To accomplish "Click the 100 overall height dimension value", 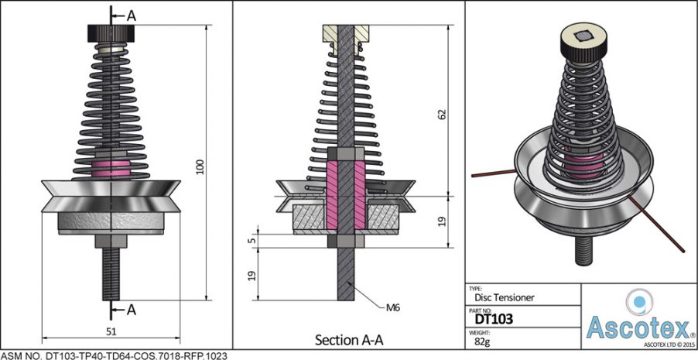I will [200, 166].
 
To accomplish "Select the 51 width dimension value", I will [111, 331].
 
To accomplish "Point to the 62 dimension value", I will [442, 114].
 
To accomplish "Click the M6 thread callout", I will [393, 307].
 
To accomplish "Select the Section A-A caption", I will [349, 340].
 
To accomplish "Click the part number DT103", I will [493, 317].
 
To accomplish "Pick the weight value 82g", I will [482, 339].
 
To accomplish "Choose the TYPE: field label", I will [476, 286].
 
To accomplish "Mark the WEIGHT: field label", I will [481, 330].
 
